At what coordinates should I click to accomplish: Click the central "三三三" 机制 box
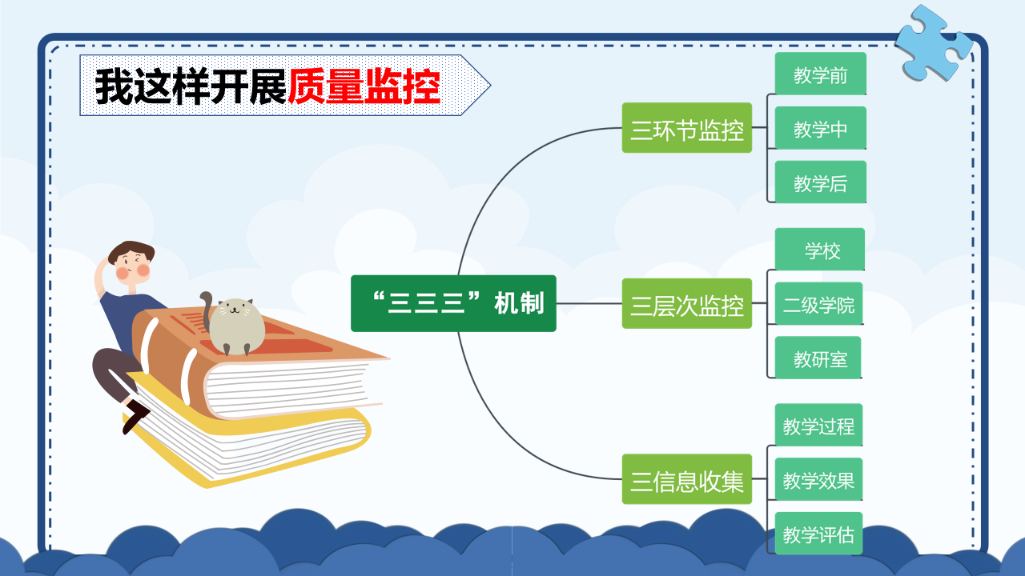[x=453, y=303]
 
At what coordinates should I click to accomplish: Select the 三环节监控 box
[x=687, y=127]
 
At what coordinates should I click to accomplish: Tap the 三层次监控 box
[x=687, y=303]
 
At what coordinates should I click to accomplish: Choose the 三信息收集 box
[x=687, y=478]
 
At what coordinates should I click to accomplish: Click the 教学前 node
[x=821, y=73]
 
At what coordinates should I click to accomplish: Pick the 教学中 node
[x=821, y=127]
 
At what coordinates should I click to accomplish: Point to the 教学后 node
[x=821, y=182]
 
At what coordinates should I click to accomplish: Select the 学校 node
[x=820, y=249]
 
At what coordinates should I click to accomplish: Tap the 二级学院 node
[x=819, y=303]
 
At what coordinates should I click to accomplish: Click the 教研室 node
[x=818, y=357]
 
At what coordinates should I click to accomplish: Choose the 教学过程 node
[x=819, y=424]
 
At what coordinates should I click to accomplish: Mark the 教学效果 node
[x=819, y=478]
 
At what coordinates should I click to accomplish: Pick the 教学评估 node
[x=819, y=533]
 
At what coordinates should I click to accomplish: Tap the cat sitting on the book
[x=233, y=325]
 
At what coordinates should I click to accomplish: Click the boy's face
[x=133, y=266]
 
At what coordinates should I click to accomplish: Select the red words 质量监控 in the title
[x=364, y=86]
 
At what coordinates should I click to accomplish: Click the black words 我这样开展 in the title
[x=191, y=86]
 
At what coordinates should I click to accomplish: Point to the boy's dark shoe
[x=135, y=416]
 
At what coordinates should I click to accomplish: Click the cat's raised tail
[x=207, y=311]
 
